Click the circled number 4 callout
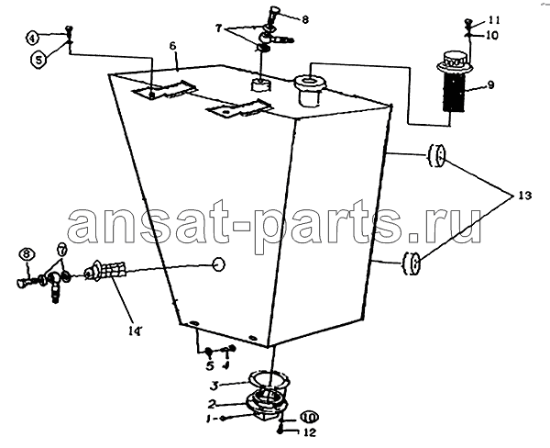33,38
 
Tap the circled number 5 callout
38,60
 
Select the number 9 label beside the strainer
490,84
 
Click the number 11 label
493,20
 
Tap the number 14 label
135,330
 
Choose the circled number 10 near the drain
309,417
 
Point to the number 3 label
214,386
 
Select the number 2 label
211,404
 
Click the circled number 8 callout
27,254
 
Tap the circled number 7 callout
61,251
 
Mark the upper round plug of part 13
436,155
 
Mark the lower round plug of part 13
412,263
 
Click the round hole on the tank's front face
218,263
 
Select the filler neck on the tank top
311,89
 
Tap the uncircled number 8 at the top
305,20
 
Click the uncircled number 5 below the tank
210,366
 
